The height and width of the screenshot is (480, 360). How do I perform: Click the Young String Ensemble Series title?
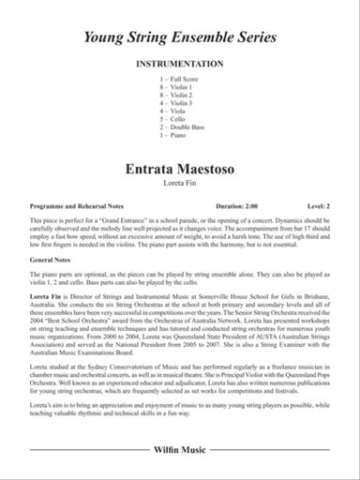pyautogui.click(x=180, y=38)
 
